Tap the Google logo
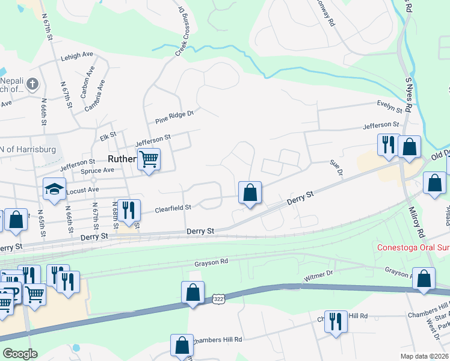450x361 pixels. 19,353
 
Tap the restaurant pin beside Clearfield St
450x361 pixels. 129,210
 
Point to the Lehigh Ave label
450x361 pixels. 77,55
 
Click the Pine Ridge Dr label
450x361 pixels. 174,116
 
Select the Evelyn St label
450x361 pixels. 390,106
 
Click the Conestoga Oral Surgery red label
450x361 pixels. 413,247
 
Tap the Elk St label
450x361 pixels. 108,137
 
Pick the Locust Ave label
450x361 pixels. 84,190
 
